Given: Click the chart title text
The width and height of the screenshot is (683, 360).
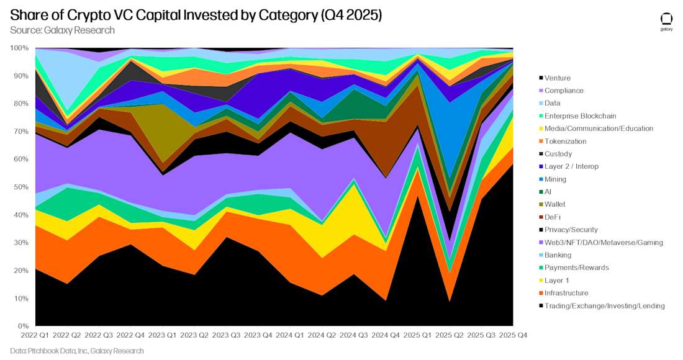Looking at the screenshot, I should point(196,15).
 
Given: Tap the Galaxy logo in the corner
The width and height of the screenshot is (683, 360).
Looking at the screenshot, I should point(666,21).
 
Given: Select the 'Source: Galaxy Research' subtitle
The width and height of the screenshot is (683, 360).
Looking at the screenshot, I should point(62,30).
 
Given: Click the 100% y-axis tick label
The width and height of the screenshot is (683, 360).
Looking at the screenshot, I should point(19,48).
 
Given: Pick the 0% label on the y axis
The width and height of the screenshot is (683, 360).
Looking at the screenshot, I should point(22,326).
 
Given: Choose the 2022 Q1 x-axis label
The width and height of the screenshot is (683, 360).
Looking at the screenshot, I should point(36,335).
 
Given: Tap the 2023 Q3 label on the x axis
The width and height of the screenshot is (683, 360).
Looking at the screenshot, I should point(227,335).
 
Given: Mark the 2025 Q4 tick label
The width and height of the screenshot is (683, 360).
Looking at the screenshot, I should point(513,335).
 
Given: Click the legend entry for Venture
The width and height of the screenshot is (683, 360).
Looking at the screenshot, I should point(558,78).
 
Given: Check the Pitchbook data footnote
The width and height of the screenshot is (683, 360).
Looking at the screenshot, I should point(77,351).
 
